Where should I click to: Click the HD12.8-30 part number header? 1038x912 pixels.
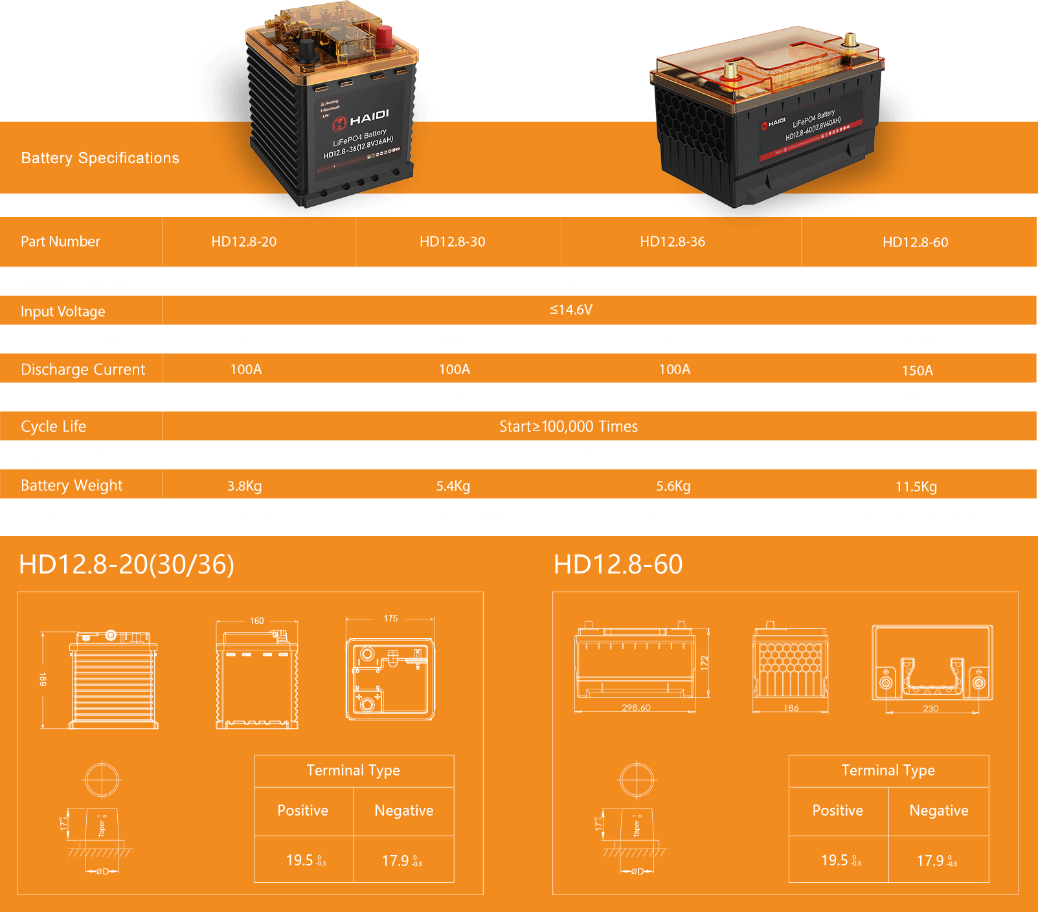tap(452, 241)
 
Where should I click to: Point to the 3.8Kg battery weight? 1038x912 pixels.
tap(244, 486)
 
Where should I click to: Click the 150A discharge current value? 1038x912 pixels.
tap(917, 370)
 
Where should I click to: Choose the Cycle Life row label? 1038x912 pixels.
tap(53, 427)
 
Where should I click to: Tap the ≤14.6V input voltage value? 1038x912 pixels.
tap(571, 309)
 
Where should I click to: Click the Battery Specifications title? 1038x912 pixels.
tap(100, 158)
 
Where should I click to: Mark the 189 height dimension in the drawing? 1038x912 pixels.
tap(43, 679)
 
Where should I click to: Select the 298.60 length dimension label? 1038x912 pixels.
tap(636, 707)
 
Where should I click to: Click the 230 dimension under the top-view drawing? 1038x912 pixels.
tap(931, 709)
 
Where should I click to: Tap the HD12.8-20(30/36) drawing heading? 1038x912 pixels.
tap(126, 564)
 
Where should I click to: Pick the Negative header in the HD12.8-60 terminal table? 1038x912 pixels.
tap(938, 810)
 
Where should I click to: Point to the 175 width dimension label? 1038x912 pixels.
tap(390, 618)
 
